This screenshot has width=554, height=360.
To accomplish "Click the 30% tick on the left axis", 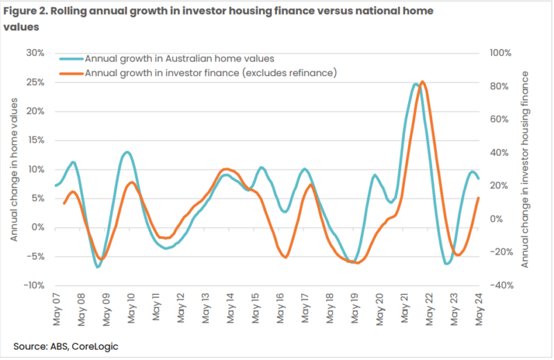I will tap(36, 53).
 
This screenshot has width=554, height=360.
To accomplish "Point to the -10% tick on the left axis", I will tap(35, 285).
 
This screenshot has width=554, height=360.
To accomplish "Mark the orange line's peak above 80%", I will tap(423, 82).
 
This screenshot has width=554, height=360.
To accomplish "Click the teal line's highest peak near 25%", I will tap(415, 84).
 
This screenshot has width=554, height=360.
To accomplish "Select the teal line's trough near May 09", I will tap(98, 267).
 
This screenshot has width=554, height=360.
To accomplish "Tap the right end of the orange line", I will tap(479, 199).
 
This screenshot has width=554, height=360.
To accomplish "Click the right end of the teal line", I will tap(479, 178).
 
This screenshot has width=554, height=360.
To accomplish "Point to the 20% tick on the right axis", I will tap(499, 186).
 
